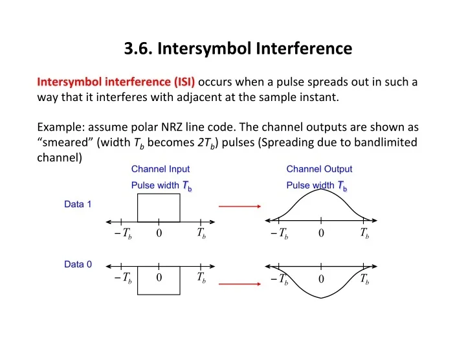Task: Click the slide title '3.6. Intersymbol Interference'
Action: point(238,48)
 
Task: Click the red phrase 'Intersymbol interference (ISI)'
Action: point(117,82)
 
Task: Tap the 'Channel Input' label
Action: point(160,170)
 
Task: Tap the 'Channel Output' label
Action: point(319,170)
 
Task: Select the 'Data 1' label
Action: point(78,205)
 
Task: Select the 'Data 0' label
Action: point(78,264)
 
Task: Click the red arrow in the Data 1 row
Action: point(238,208)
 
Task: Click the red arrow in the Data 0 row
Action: point(238,283)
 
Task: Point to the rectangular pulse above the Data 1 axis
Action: point(159,208)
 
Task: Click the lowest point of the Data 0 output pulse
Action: point(321,298)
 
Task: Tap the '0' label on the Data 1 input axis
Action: point(159,234)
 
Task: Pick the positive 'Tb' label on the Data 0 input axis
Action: point(201,278)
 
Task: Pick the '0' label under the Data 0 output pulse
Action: point(320,280)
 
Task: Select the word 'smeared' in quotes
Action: point(69,142)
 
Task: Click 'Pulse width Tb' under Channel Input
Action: point(161,186)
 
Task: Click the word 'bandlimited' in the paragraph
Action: point(387,142)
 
